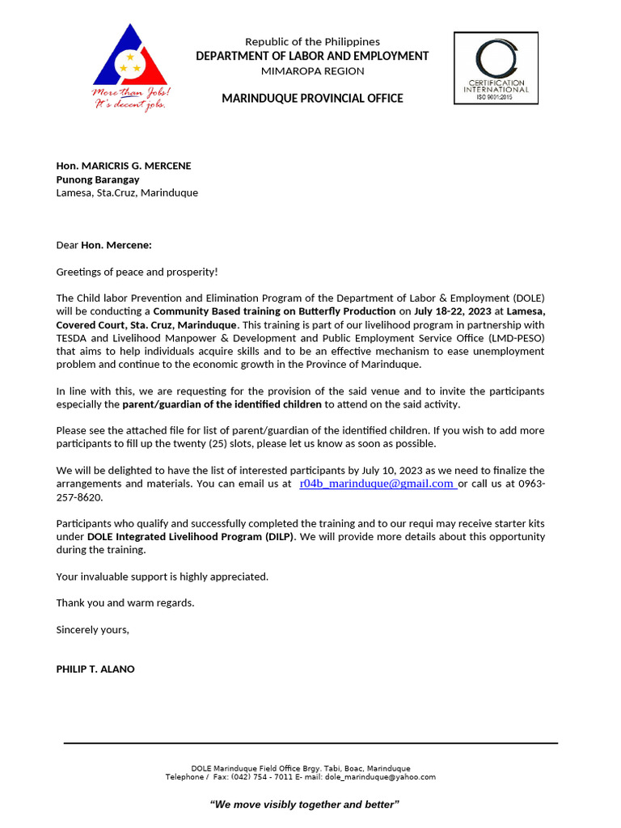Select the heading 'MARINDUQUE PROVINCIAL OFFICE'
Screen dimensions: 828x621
point(312,99)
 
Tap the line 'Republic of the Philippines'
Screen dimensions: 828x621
point(312,41)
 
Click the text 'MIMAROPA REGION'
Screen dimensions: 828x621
point(312,71)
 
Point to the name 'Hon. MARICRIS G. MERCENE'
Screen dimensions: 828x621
point(124,166)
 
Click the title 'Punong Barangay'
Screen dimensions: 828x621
point(98,180)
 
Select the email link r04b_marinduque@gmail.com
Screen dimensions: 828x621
point(376,484)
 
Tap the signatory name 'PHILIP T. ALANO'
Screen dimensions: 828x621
point(95,669)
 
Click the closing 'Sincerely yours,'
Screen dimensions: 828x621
point(92,629)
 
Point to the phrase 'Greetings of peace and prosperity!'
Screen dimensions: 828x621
point(137,272)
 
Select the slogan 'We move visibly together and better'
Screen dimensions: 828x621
point(305,805)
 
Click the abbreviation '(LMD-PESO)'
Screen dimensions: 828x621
point(516,338)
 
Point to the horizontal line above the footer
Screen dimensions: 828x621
point(310,742)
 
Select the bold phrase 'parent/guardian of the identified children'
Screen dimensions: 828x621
point(222,404)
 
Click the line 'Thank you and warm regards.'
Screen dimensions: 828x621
point(125,602)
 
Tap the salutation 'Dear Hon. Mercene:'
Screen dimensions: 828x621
point(103,245)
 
